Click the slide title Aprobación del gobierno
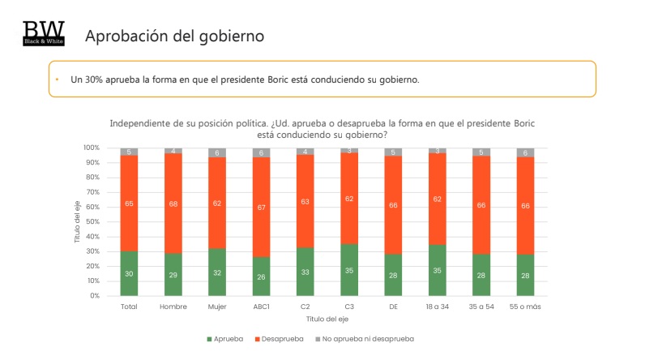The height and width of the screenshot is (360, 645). coord(174,36)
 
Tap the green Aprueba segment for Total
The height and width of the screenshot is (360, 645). coord(128,273)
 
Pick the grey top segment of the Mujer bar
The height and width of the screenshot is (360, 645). coord(216,152)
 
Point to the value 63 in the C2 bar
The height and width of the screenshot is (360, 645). coord(305,201)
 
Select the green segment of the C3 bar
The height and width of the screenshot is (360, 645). coord(349,270)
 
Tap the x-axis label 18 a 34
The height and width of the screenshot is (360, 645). coord(438,307)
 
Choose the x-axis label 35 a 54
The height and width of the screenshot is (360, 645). coord(481,307)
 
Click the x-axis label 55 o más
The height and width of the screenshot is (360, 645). coord(526,307)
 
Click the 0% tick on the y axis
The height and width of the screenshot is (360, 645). coord(94,296)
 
